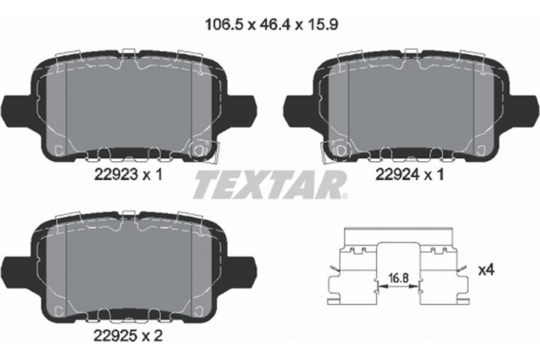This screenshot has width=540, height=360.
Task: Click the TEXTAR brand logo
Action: click(270, 186)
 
